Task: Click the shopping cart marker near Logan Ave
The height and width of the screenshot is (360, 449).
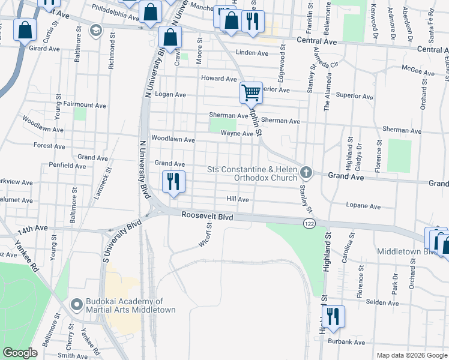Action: click(x=251, y=93)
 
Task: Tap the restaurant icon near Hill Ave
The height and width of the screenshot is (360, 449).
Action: click(x=174, y=181)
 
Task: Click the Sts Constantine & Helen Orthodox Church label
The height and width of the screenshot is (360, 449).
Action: click(x=252, y=173)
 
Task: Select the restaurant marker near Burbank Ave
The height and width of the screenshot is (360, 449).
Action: click(x=332, y=316)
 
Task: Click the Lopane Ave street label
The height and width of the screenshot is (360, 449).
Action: click(x=363, y=206)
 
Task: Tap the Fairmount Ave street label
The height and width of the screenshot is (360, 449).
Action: click(x=85, y=105)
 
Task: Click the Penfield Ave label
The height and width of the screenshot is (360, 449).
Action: click(x=69, y=165)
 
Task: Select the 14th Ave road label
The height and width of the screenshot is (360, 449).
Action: click(x=32, y=229)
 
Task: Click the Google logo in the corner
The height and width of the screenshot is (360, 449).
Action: click(x=20, y=353)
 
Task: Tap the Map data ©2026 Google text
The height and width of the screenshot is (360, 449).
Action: click(x=412, y=355)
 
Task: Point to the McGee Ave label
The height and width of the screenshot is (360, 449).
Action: click(x=418, y=73)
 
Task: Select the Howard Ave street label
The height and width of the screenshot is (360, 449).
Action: click(x=219, y=79)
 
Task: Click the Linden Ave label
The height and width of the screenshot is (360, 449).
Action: click(x=252, y=53)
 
